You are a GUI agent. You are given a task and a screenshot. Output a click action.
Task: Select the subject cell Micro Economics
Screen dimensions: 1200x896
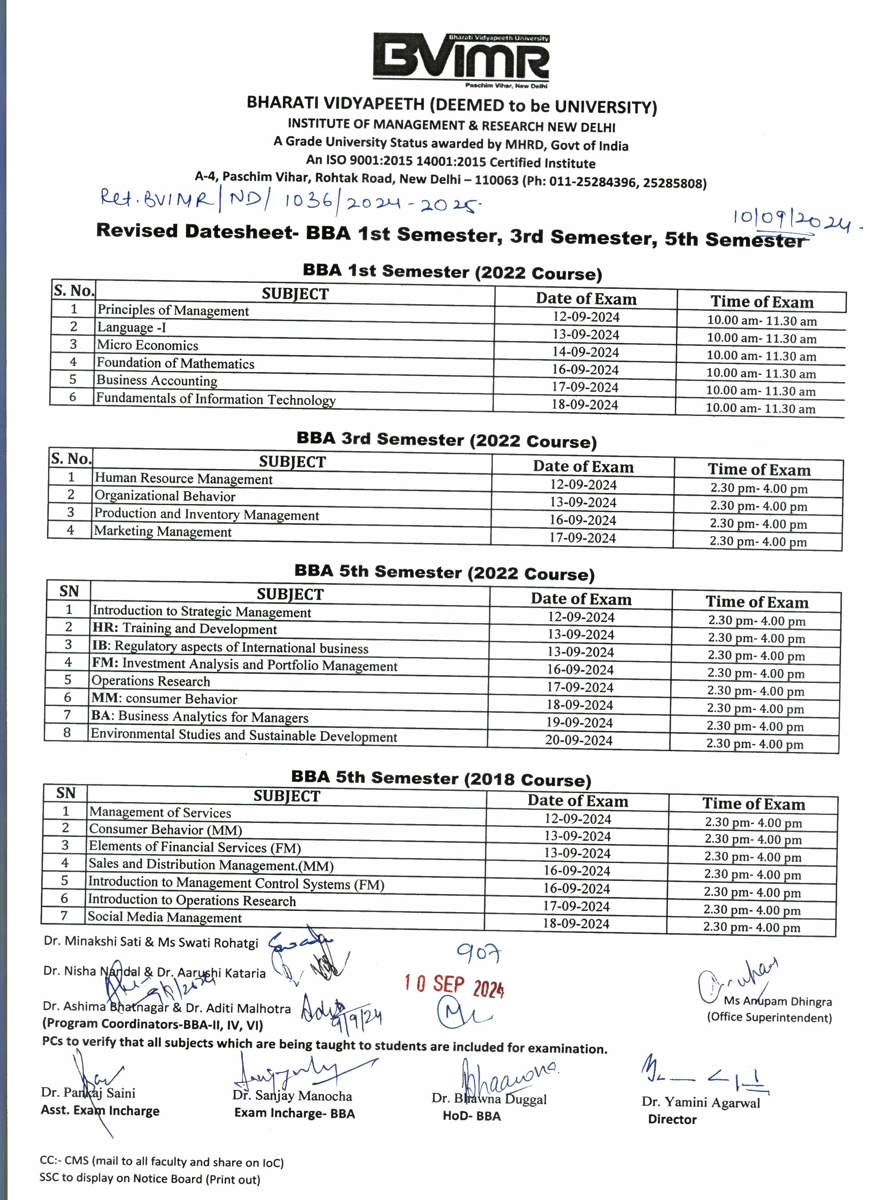148,345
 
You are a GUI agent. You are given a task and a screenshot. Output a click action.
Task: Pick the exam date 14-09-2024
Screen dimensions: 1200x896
585,352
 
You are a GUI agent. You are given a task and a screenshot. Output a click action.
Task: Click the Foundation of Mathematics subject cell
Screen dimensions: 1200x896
175,363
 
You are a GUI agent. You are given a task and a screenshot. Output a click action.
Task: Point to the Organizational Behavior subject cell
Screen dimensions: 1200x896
165,496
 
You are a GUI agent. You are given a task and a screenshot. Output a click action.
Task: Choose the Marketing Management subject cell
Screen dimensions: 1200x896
163,531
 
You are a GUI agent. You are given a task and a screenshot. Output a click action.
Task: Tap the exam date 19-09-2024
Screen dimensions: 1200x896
579,723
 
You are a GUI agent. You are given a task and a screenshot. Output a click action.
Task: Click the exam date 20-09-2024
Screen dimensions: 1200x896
579,740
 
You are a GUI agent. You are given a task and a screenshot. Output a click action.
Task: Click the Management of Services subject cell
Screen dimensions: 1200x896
160,812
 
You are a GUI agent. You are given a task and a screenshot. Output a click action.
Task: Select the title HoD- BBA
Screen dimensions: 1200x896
471,1116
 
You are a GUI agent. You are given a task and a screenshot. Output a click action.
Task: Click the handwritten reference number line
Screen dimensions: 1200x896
290,201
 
